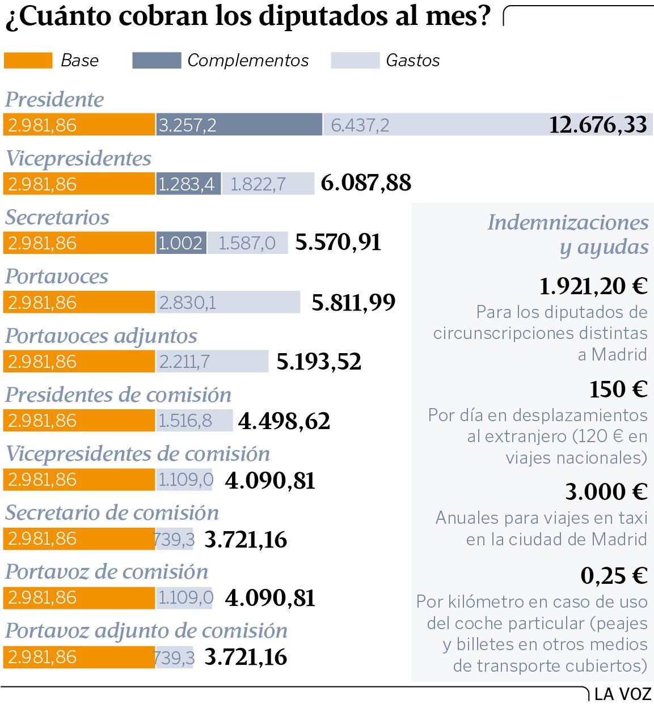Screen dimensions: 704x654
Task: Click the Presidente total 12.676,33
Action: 598,125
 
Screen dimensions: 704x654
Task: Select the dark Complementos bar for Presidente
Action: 239,125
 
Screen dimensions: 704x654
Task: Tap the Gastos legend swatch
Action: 355,61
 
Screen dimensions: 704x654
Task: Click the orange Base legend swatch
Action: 28,61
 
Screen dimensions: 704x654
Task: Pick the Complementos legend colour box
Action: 157,61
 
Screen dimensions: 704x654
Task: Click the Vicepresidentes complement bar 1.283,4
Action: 188,184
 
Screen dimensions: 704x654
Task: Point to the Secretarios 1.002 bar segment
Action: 182,243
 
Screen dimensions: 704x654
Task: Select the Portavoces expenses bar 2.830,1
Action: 228,302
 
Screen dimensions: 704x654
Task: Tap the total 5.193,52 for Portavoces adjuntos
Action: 319,362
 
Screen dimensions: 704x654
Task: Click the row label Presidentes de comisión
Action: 119,395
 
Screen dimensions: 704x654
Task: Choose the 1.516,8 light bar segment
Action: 195,421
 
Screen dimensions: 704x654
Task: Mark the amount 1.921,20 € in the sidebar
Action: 593,286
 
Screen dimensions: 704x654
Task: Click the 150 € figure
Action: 618,389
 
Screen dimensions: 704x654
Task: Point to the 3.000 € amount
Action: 606,492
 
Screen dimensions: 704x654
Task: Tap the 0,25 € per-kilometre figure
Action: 614,576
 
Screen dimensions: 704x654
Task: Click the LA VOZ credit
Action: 623,694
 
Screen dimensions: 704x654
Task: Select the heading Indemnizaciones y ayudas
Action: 568,234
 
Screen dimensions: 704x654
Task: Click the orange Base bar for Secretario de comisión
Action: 79,538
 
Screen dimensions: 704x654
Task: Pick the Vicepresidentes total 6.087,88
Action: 366,183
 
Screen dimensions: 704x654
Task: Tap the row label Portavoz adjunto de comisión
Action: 146,630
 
